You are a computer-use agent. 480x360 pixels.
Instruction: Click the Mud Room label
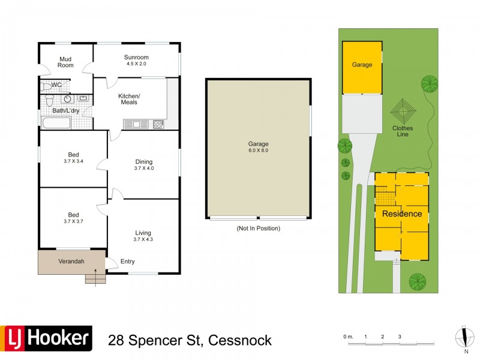[x=65, y=62]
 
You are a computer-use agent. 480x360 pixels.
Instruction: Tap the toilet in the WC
[x=46, y=86]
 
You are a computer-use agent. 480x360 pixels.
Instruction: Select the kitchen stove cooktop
[x=158, y=124]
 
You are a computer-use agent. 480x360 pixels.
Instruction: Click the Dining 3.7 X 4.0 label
[x=143, y=164]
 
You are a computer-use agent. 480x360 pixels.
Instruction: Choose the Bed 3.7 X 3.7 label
[x=73, y=218]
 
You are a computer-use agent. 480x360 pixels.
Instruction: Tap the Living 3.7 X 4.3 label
[x=143, y=236]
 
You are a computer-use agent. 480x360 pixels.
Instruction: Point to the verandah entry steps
[x=95, y=278]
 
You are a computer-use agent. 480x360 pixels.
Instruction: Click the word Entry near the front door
[x=127, y=262]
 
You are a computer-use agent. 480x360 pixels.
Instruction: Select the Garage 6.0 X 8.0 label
[x=258, y=147]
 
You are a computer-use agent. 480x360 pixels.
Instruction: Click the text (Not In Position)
[x=258, y=228]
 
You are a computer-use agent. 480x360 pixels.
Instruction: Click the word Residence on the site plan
[x=402, y=214]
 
